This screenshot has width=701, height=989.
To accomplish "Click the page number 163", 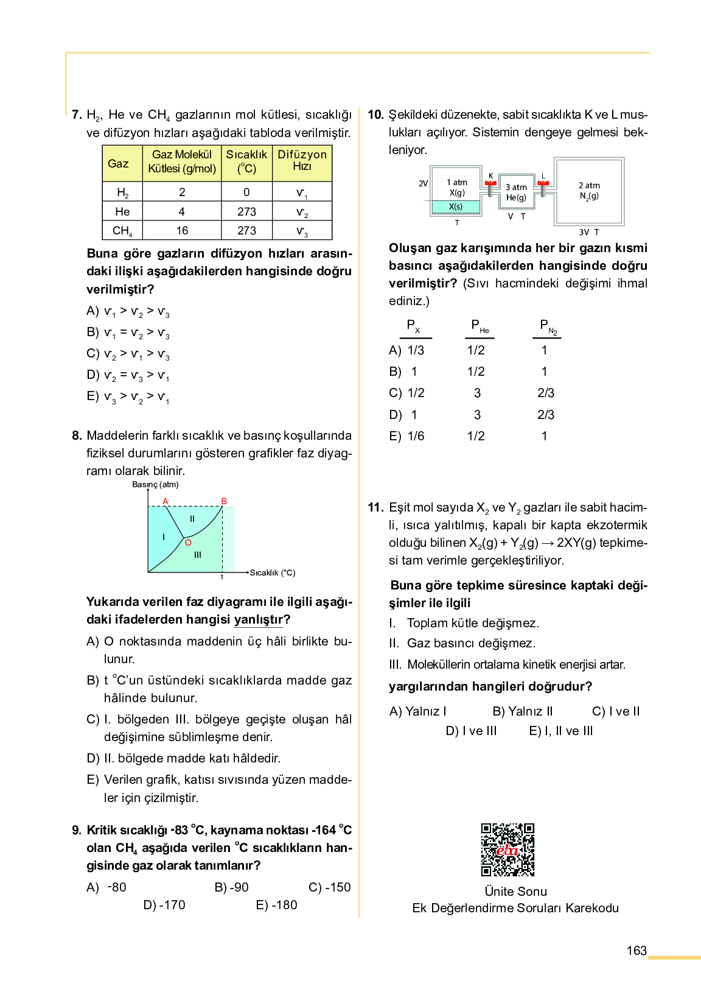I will (636, 951).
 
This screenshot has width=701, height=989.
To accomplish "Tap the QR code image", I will (507, 850).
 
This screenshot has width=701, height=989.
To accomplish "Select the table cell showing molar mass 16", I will (182, 231).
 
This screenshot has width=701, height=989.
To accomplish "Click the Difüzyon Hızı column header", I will (302, 161).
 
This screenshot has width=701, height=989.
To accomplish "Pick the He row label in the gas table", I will (122, 211).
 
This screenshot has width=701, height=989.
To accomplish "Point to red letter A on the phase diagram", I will (165, 501).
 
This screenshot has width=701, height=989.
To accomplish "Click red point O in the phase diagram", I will (188, 543).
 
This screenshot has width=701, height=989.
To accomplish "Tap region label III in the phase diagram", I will (198, 555).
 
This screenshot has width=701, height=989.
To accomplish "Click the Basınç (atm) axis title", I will (155, 485).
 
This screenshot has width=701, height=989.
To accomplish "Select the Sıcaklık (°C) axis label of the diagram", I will (272, 572).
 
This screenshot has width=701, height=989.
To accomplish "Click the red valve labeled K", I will (490, 183).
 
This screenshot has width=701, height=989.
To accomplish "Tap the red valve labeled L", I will (543, 183).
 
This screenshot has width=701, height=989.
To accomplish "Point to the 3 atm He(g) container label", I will (516, 192).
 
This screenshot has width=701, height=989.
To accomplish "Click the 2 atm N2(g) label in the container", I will (588, 191).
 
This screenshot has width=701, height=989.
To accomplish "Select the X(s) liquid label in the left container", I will (456, 207).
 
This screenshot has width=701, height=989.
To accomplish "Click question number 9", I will (77, 830).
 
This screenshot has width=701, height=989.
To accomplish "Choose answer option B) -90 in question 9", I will (232, 887).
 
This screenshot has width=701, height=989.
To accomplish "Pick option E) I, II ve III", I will (560, 731).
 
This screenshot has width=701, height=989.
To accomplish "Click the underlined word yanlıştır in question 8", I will (259, 619).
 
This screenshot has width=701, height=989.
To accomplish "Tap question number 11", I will (375, 507).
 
